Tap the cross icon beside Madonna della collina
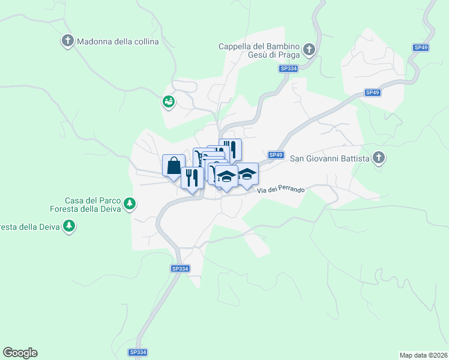[67, 41]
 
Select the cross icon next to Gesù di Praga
[309, 49]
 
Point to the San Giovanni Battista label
[330, 158]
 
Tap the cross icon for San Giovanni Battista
[378, 158]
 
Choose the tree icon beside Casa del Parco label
[129, 205]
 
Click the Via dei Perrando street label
[280, 190]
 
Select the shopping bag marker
[173, 164]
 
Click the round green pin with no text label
[168, 102]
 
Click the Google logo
[20, 353]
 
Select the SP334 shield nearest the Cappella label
[288, 69]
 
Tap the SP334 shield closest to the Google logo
[138, 353]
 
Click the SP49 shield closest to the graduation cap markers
[276, 155]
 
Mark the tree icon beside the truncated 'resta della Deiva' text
[70, 226]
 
